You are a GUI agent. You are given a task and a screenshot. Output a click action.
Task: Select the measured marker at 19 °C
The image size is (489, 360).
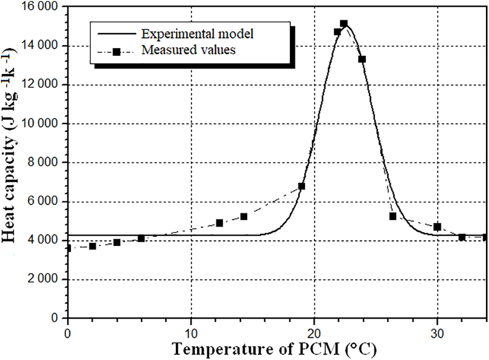coord(302,186)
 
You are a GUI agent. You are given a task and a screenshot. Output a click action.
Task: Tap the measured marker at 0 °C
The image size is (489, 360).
coord(69,248)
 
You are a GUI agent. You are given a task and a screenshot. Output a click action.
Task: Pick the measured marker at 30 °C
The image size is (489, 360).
coord(437,227)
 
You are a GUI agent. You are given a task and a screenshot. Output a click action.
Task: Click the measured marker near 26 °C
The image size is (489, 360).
coord(393,216)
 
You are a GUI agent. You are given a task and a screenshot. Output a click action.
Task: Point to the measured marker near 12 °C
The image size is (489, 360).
coord(219,223)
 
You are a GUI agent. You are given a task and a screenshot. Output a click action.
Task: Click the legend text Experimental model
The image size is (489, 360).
coord(198,34)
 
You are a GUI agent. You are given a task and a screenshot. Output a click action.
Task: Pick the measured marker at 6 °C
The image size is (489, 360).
coord(141,238)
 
